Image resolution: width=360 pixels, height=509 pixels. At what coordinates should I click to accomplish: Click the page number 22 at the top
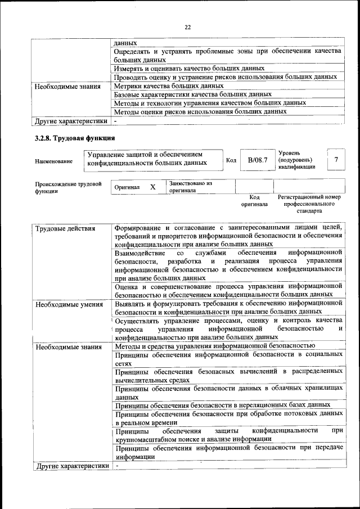[188, 25]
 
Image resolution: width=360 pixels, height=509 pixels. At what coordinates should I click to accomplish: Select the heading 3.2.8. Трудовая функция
[74, 138]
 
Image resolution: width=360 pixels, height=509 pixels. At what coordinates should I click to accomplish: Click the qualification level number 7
[336, 160]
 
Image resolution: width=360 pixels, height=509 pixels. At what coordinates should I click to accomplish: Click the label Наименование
[53, 161]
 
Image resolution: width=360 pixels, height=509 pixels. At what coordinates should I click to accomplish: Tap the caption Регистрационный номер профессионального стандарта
[309, 204]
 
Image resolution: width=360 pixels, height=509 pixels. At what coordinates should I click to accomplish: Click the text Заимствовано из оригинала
[190, 187]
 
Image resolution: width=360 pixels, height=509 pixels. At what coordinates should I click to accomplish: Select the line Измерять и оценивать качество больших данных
[189, 68]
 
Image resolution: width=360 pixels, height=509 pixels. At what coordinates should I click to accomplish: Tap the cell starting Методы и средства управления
[214, 346]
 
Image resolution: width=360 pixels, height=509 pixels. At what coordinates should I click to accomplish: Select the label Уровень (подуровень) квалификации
[297, 160]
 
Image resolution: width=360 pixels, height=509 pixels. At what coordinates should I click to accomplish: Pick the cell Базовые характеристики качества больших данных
[193, 94]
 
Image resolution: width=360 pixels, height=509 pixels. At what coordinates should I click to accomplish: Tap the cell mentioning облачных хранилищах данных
[228, 392]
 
